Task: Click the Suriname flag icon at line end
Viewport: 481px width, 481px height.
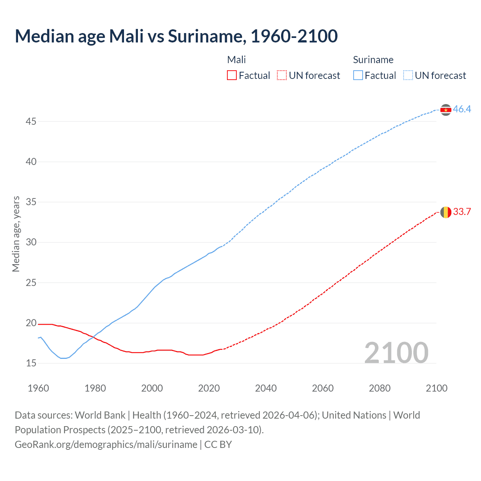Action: [x=446, y=110]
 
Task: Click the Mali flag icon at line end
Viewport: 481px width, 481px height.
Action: [x=446, y=212]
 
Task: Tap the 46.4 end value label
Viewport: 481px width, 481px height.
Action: [x=462, y=109]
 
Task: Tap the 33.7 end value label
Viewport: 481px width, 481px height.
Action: [x=462, y=212]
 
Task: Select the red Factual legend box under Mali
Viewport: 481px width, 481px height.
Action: [x=232, y=76]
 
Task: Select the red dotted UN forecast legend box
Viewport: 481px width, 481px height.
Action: [x=282, y=76]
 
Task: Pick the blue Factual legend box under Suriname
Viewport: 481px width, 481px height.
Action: [x=358, y=76]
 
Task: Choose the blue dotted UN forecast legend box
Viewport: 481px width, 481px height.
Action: [x=408, y=76]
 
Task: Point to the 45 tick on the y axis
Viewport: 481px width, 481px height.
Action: [x=31, y=122]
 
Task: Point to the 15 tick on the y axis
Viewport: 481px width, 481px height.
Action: [x=31, y=363]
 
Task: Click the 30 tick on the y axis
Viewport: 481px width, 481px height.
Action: [x=31, y=242]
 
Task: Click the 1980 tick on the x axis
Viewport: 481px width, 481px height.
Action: [x=95, y=388]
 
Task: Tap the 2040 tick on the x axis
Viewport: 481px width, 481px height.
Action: [x=266, y=388]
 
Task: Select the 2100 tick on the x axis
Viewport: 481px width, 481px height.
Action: [x=436, y=388]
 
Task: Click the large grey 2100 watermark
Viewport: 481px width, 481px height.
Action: [x=396, y=353]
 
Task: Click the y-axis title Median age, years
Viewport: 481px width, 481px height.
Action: [x=16, y=234]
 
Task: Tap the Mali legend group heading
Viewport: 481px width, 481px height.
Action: [x=236, y=60]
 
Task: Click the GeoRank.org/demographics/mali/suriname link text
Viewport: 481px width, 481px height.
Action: [x=106, y=445]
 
